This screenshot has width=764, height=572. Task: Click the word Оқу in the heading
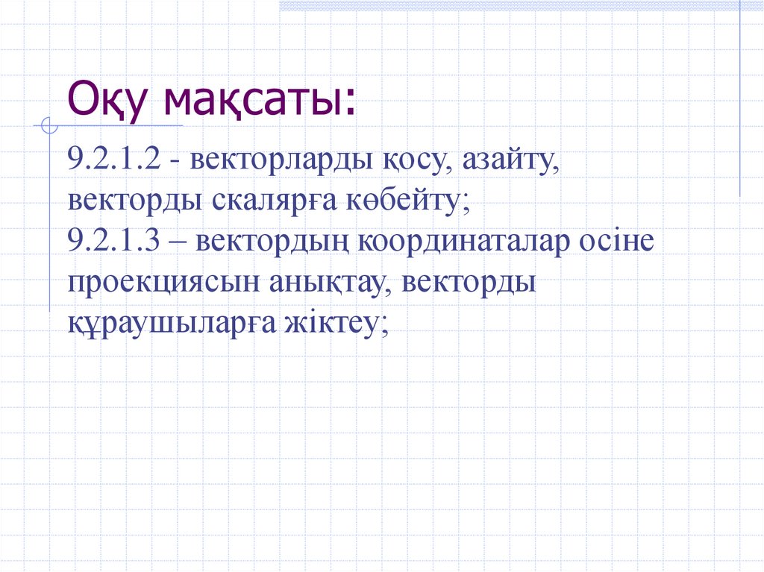point(109,101)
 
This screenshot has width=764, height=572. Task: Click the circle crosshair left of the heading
point(49,127)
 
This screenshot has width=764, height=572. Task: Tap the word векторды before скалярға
point(127,202)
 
